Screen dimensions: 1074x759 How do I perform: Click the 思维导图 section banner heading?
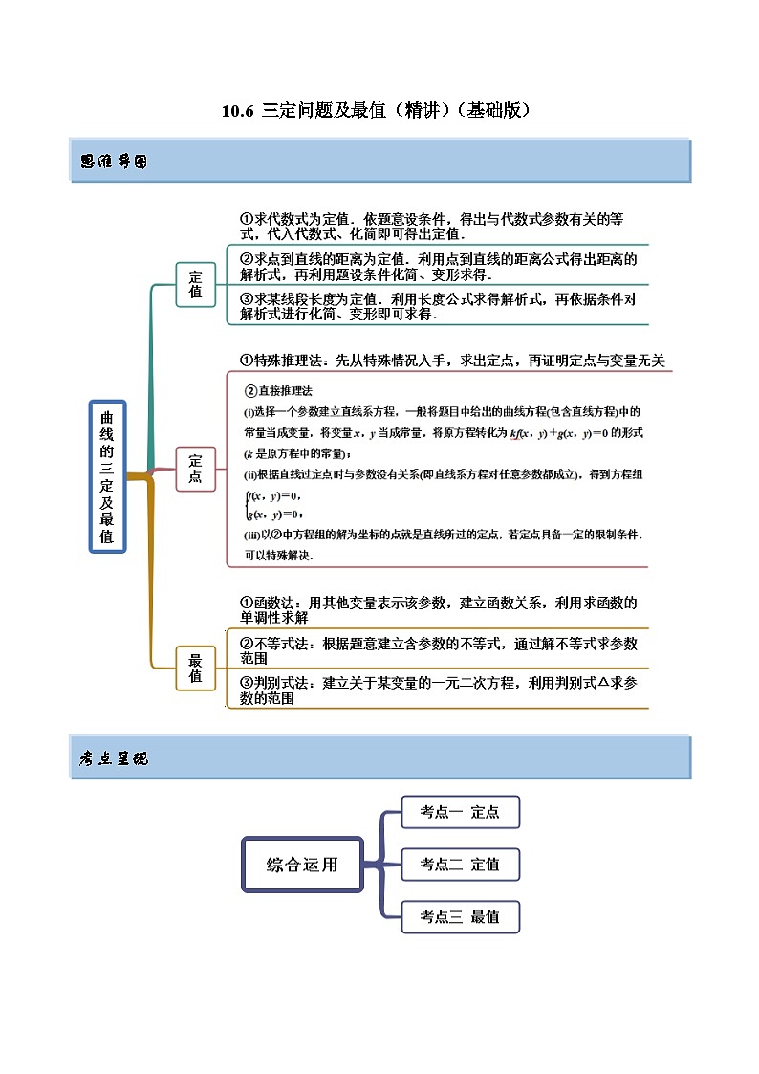click(x=114, y=162)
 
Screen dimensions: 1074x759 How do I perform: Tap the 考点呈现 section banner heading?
click(x=114, y=758)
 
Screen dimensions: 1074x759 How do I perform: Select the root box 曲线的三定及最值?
click(x=107, y=475)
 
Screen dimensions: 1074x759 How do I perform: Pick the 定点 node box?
click(x=196, y=469)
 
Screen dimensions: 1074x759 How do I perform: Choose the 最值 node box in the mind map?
click(x=196, y=668)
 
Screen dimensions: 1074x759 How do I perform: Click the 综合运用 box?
click(x=302, y=865)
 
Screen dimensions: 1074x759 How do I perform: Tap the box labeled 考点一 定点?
click(x=460, y=812)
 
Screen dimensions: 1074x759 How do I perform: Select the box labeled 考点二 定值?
click(x=460, y=865)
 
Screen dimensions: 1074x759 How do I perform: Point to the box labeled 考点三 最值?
click(x=460, y=916)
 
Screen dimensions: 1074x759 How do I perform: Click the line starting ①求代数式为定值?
click(x=438, y=226)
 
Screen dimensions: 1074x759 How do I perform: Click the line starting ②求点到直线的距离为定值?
click(x=438, y=266)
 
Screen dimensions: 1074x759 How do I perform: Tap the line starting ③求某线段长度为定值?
click(x=438, y=306)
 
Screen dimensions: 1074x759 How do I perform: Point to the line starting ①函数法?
click(x=438, y=610)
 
